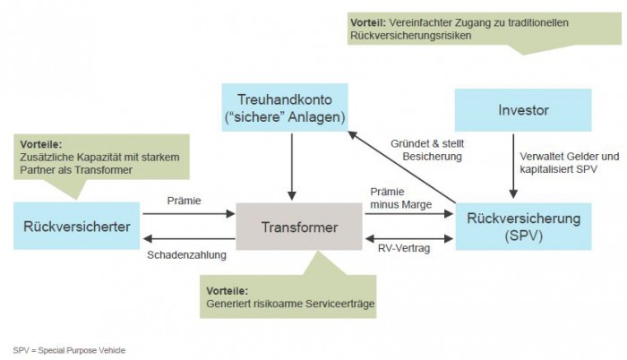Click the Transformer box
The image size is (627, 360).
click(299, 227)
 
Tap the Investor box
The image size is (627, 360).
click(523, 111)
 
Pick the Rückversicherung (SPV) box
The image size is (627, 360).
click(524, 227)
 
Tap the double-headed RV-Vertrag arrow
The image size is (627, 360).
click(411, 238)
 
